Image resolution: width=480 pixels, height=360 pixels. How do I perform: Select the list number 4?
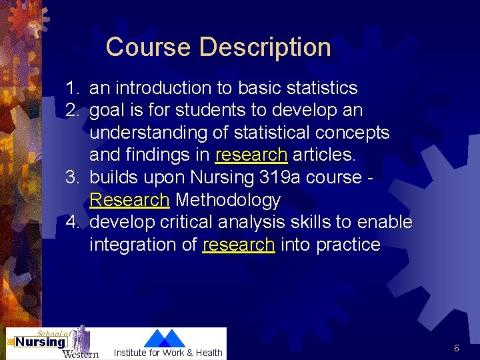click(73, 222)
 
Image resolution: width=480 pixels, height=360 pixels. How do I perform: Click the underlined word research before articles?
click(251, 155)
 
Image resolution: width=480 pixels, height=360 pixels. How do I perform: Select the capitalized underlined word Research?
click(129, 200)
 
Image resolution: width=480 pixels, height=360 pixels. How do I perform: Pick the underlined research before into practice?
click(238, 245)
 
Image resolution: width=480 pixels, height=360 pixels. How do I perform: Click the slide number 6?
click(457, 348)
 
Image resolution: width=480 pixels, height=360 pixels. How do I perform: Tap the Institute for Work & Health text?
click(168, 353)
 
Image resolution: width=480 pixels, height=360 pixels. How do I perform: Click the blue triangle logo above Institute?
click(165, 338)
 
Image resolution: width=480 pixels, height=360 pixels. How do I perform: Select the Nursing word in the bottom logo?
click(41, 343)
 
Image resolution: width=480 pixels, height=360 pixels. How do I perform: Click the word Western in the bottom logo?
click(80, 353)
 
